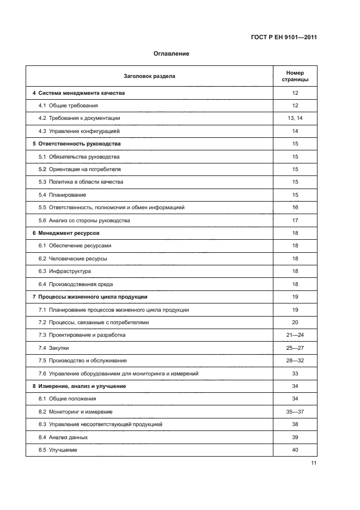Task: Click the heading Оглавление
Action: [171, 54]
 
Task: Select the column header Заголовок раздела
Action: [149, 76]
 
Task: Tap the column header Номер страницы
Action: [295, 76]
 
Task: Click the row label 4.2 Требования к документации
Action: [79, 118]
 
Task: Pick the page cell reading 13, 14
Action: [295, 118]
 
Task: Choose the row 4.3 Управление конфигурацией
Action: [79, 131]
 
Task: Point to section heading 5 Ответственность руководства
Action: [76, 144]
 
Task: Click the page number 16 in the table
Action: [295, 208]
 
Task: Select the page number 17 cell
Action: [295, 221]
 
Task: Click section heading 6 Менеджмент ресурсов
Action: [66, 233]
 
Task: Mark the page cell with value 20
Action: [295, 323]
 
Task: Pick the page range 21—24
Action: [295, 335]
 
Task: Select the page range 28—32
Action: [295, 361]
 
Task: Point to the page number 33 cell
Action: [295, 373]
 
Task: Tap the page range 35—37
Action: [295, 412]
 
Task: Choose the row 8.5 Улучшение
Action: [58, 450]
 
